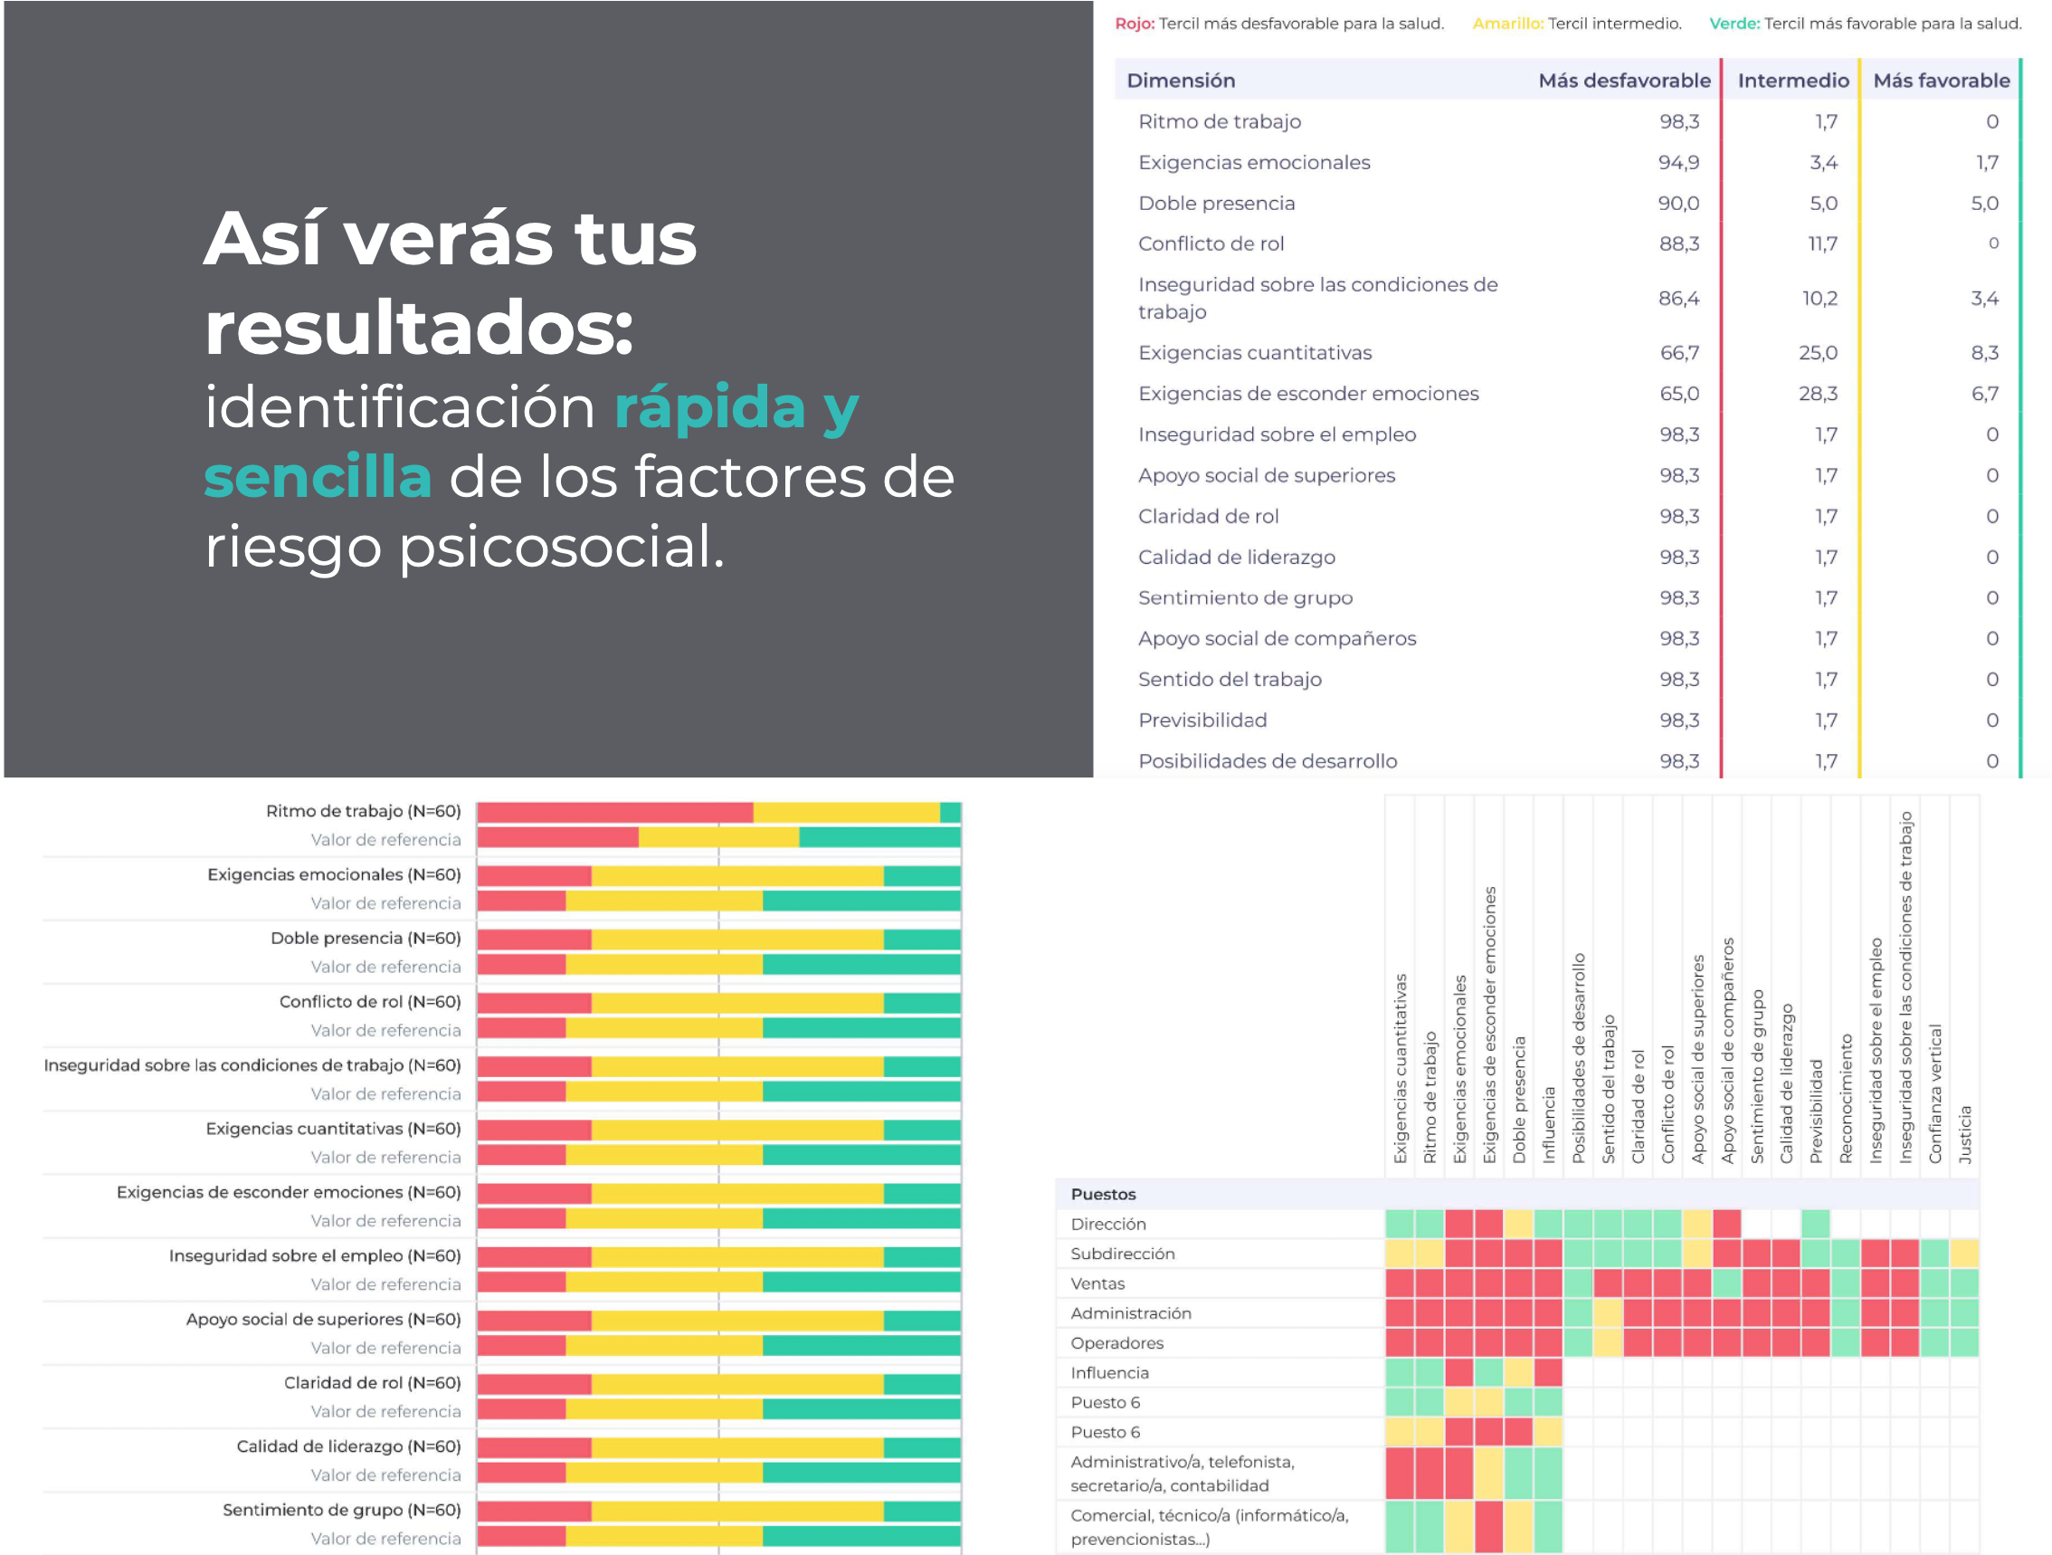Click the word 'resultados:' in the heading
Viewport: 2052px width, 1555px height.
(418, 329)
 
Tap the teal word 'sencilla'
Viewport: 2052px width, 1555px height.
(318, 476)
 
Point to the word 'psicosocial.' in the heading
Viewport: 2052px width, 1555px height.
(561, 548)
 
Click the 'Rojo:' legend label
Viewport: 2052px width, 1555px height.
(1135, 24)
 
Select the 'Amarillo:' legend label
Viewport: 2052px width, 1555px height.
(1507, 24)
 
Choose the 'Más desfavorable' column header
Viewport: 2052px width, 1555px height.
(1624, 81)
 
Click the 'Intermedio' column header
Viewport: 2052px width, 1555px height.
(1792, 81)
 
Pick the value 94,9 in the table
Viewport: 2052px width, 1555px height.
(1678, 162)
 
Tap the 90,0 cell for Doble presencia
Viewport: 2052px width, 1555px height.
(1678, 203)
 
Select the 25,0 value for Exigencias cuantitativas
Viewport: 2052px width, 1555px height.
(1818, 353)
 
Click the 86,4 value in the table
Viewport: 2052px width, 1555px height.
(1678, 298)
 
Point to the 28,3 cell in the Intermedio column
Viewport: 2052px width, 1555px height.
(1818, 394)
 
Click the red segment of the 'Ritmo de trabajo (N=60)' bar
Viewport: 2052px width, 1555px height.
(615, 813)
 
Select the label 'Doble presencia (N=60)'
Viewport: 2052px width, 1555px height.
(366, 938)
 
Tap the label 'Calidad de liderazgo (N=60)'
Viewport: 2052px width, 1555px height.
(349, 1446)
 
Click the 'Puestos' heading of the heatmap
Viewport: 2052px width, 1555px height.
(1103, 1194)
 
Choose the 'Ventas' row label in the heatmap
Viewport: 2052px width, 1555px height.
(1097, 1283)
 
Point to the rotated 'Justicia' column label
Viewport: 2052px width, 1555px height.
(1965, 1134)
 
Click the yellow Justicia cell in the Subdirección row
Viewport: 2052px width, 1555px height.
(1964, 1254)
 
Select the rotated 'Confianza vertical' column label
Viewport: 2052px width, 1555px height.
(1935, 1093)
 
